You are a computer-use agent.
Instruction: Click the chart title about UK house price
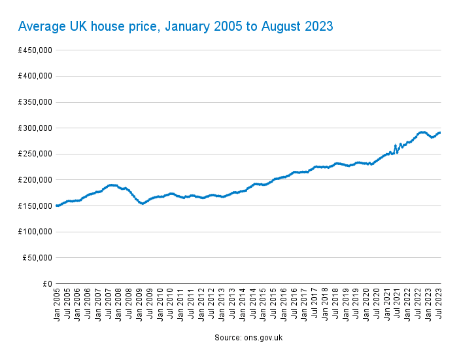pos(176,26)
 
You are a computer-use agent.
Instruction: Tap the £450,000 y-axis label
pos(35,50)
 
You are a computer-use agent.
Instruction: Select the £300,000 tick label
pos(35,128)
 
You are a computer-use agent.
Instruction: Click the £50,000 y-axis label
pos(37,258)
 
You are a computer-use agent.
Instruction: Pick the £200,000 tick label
pos(35,180)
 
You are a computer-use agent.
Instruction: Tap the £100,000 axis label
pos(35,232)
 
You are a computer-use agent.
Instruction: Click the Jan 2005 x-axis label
pos(58,304)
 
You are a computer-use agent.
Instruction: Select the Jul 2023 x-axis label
pos(439,304)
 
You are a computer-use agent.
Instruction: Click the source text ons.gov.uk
pos(248,338)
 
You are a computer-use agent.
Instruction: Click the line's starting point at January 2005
pos(57,206)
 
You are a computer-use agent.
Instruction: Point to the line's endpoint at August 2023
pos(440,133)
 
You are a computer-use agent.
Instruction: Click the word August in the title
pos(282,26)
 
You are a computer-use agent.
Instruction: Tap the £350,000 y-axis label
pos(35,102)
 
